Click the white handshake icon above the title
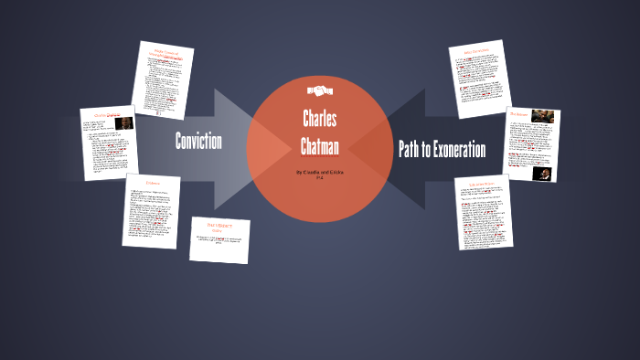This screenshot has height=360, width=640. (x=319, y=90)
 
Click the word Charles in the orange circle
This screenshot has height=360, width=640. (x=320, y=119)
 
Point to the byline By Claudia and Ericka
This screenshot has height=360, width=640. (x=320, y=171)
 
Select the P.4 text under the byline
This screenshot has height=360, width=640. (x=320, y=178)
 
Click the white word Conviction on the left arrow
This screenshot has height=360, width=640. (x=198, y=141)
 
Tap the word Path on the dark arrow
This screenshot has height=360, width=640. (x=411, y=149)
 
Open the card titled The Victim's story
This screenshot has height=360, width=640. (x=220, y=239)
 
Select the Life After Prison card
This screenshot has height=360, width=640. (x=484, y=212)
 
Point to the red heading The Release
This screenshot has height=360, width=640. (x=519, y=114)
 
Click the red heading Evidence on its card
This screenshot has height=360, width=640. (x=152, y=183)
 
